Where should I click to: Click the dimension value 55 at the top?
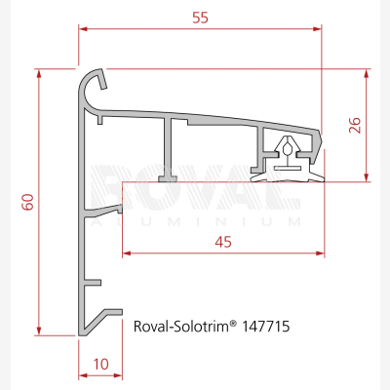200,18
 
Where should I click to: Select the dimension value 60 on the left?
28,202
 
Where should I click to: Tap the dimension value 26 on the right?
355,125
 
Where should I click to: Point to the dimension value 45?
223,242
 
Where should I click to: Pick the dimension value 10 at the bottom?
101,365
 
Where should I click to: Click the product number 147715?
265,326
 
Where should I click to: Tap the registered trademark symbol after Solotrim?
233,324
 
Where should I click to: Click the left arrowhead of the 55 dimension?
83,29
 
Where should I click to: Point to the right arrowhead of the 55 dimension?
317,29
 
